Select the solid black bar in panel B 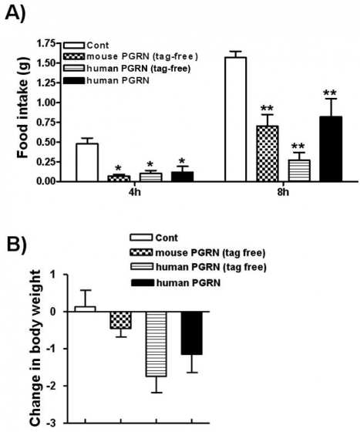(x=191, y=332)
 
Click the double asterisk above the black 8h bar (x=331, y=93)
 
